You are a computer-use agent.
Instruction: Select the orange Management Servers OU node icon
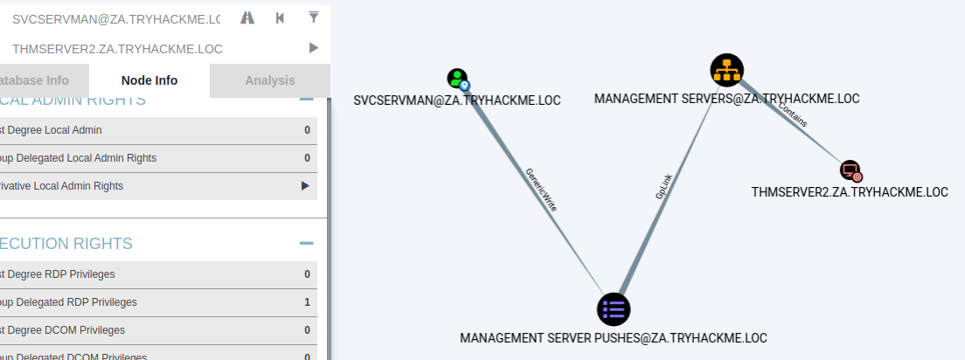pos(726,71)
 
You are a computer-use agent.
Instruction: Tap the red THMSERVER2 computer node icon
pos(850,170)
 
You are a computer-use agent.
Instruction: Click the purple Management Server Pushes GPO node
pos(614,308)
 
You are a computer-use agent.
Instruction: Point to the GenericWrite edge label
pos(541,190)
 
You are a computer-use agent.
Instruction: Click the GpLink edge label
pos(664,186)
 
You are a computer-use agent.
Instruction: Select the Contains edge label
pos(793,116)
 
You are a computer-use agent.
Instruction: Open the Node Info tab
pos(149,80)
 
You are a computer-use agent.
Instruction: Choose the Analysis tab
pos(270,80)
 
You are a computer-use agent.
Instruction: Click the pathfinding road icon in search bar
pos(247,17)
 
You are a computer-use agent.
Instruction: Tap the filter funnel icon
pos(314,17)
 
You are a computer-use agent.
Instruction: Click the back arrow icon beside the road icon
pos(280,17)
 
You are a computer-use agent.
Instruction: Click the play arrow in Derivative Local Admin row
pos(305,186)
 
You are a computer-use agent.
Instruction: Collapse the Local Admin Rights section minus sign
pos(306,100)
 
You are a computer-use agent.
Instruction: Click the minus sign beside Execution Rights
pos(306,244)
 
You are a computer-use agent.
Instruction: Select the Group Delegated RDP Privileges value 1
pos(307,302)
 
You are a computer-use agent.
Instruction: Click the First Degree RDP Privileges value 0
pos(307,274)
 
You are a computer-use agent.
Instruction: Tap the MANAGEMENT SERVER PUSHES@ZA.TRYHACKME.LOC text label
pos(614,337)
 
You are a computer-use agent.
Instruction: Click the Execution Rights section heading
pos(66,244)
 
